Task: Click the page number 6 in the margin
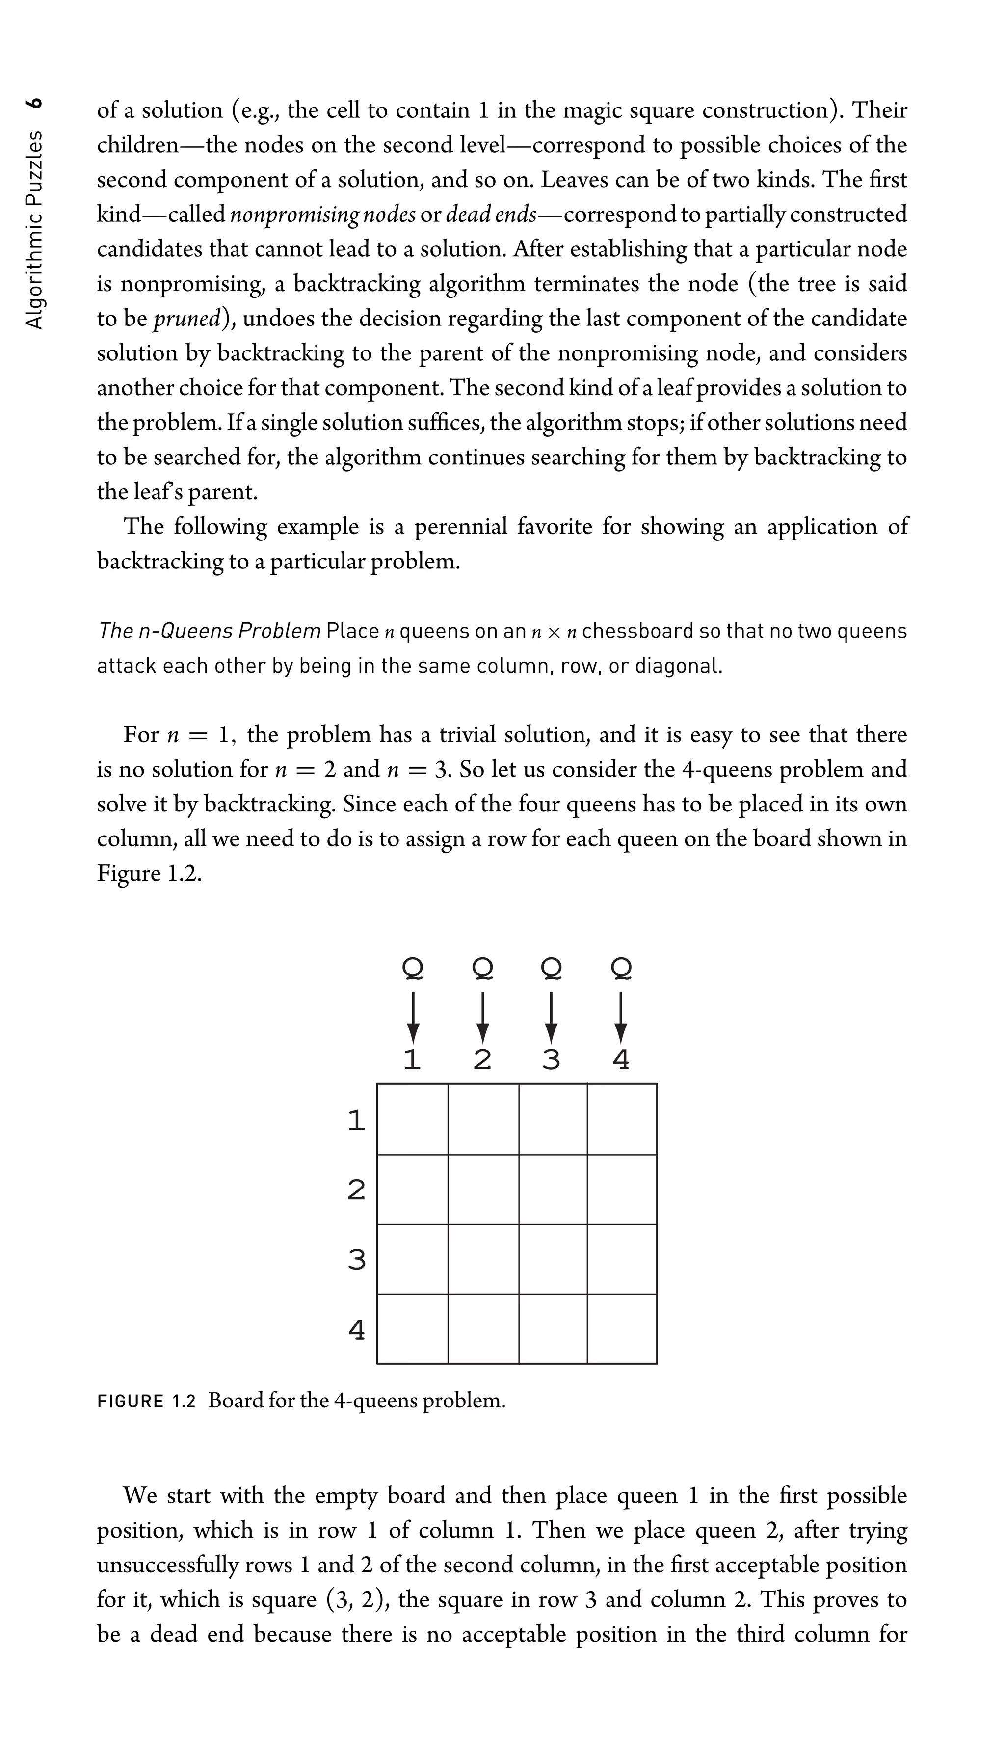tap(34, 104)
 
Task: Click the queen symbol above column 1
tap(412, 969)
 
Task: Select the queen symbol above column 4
tap(621, 969)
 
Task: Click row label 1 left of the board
tap(356, 1120)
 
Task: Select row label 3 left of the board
tap(356, 1260)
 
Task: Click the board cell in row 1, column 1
tap(412, 1119)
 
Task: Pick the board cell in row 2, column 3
tap(552, 1189)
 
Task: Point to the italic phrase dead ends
tap(491, 215)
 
